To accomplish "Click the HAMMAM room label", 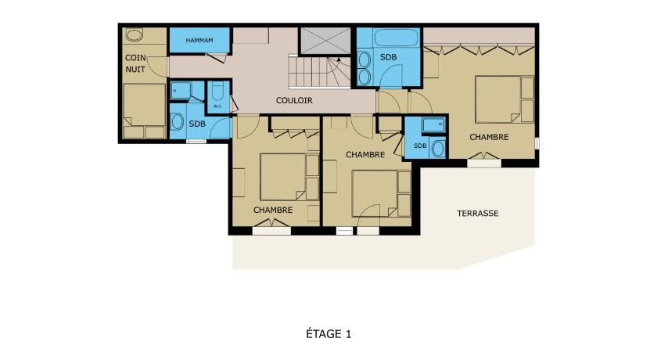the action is (x=199, y=40).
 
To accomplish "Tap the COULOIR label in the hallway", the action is (x=294, y=101).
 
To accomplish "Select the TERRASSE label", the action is (x=478, y=214).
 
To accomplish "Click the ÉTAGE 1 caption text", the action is (x=328, y=334).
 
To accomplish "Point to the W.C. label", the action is (x=217, y=106).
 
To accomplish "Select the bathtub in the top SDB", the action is (x=397, y=38).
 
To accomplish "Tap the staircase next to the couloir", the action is (x=319, y=72).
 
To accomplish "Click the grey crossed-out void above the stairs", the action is (x=325, y=41).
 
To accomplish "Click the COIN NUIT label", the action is (x=135, y=63).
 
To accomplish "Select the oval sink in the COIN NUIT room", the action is (x=134, y=34).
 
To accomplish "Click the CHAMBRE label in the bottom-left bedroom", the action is (x=273, y=210).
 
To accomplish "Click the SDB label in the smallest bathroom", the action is (x=420, y=146).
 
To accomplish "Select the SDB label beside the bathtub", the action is (x=389, y=57).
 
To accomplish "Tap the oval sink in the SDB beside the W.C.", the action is (x=178, y=122).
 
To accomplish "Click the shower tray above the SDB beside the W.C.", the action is (x=181, y=91).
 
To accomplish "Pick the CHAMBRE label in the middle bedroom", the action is (x=365, y=155).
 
